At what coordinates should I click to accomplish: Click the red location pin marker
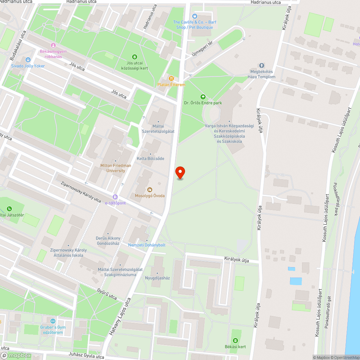180,173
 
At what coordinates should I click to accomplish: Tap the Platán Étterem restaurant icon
172,78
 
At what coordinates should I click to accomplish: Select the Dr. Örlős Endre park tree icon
203,96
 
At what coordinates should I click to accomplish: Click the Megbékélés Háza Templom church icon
262,66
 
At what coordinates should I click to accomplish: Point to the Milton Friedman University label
116,168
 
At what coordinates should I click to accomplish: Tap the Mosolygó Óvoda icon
149,190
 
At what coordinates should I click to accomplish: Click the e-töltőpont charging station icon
115,197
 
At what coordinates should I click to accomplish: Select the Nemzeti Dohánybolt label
147,245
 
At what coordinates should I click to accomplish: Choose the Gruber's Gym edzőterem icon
53,321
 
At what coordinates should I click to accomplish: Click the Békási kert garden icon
235,340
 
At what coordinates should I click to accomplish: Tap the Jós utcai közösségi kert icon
135,57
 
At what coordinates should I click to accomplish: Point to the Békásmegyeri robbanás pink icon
53,45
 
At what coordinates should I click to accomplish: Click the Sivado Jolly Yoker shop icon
28,59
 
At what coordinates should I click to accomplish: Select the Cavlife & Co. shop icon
195,16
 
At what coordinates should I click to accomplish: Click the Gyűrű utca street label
107,294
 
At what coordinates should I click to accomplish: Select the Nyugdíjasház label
157,278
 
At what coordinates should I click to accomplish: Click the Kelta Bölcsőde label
150,158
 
